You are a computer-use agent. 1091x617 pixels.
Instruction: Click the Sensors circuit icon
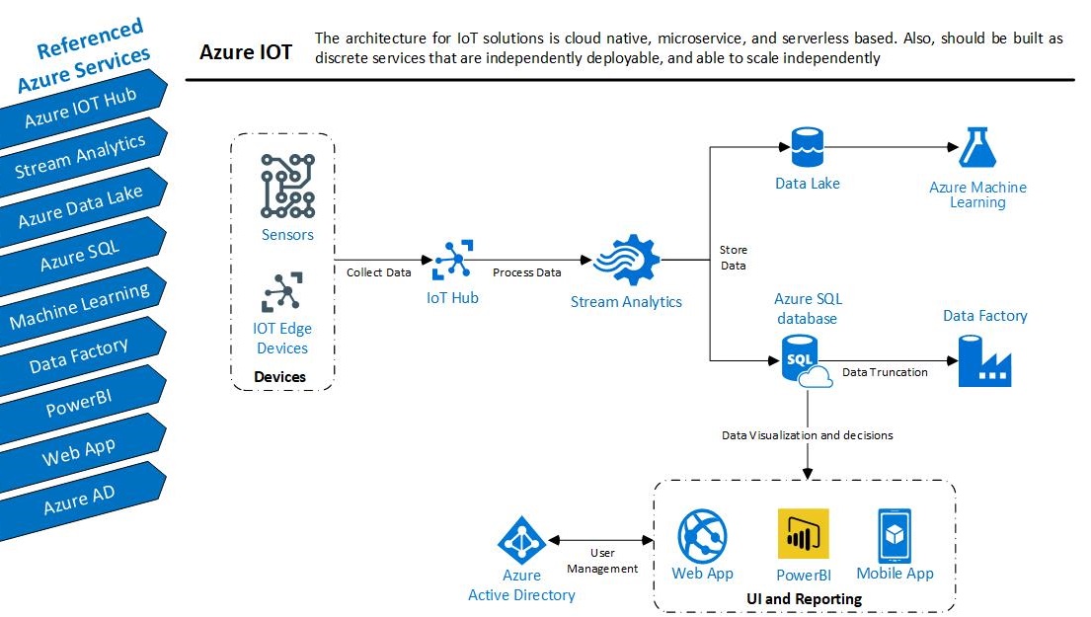[x=287, y=186]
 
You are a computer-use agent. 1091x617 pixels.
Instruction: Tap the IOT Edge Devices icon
[x=282, y=292]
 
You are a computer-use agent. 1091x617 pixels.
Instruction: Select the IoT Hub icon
[x=452, y=262]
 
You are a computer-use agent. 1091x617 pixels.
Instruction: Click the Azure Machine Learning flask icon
[x=977, y=147]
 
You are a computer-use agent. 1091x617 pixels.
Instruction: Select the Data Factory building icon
[x=984, y=360]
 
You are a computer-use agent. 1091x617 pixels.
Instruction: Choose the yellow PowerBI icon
[x=803, y=535]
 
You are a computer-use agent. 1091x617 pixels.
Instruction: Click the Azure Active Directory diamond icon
[x=521, y=540]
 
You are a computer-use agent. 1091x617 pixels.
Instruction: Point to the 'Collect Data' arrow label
[x=378, y=272]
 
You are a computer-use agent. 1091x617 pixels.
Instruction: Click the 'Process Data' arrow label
[x=526, y=272]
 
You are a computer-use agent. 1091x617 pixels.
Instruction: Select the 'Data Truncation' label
[x=885, y=372]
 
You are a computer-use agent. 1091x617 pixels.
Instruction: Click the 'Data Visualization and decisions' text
[x=807, y=434]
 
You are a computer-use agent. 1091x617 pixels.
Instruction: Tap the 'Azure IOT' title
[x=246, y=52]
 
